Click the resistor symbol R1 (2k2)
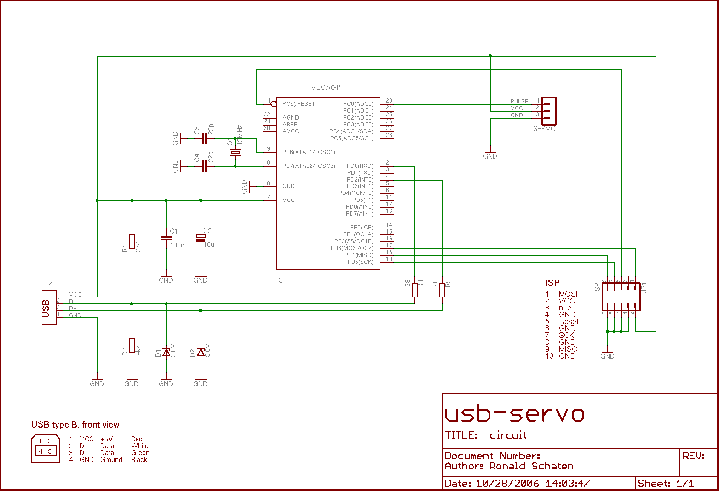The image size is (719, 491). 132,242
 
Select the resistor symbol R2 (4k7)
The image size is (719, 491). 132,345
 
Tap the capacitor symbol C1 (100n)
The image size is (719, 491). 166,238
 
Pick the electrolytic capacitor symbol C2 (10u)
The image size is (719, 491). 201,238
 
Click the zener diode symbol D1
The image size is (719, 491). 166,353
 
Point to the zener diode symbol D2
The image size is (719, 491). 201,353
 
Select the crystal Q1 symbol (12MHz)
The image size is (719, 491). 236,152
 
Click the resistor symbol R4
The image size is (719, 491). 414,290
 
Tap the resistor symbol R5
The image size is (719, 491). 442,290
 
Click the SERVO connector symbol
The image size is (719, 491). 548,111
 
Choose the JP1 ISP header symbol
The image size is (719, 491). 621,297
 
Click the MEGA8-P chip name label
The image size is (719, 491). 326,87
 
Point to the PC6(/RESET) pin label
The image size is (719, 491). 299,104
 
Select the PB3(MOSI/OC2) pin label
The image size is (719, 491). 352,248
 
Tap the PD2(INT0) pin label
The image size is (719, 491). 360,180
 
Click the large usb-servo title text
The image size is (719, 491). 514,414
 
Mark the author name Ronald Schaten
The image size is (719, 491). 531,466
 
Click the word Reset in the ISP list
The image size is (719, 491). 569,322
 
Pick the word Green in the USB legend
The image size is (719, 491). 140,453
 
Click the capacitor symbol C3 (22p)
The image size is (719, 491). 205,138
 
